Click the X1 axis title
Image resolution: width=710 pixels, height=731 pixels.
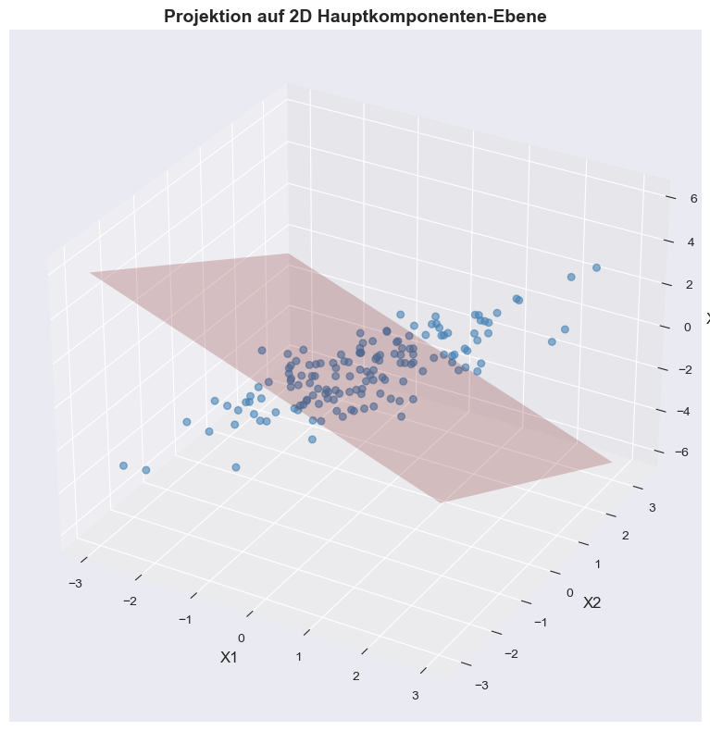tap(229, 657)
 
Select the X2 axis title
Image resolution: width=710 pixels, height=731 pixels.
tap(592, 602)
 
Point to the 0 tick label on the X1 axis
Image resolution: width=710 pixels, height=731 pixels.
tap(241, 638)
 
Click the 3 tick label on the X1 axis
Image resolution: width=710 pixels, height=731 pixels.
tap(416, 696)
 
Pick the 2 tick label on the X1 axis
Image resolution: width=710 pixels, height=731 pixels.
tap(355, 675)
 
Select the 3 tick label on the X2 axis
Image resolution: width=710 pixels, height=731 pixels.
tap(652, 507)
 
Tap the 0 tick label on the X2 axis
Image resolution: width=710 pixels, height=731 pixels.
tap(570, 593)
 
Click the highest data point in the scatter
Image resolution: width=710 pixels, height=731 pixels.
tap(596, 267)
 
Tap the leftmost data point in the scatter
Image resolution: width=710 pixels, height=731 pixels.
tap(123, 465)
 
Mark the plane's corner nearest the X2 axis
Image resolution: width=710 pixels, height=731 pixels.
tap(612, 460)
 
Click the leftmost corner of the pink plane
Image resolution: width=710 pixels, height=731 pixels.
tap(90, 272)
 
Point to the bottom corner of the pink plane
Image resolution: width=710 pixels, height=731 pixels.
tap(441, 502)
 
